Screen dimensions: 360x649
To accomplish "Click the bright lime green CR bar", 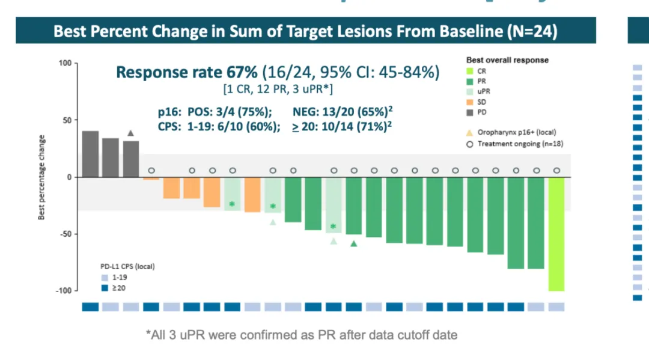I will [556, 234].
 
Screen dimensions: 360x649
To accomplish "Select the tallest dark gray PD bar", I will [90, 154].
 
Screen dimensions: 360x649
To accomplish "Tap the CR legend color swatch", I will [471, 71].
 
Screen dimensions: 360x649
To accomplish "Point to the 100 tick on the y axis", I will [65, 63].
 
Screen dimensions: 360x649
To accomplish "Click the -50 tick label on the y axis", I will [64, 234].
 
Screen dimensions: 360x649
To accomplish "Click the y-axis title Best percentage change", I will [42, 177].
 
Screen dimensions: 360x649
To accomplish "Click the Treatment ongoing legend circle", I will [471, 144].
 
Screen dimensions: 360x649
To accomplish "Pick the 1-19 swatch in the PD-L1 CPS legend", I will [105, 278].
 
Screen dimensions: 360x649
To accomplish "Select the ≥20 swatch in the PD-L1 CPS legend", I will [105, 288].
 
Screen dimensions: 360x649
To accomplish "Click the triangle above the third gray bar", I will [130, 133].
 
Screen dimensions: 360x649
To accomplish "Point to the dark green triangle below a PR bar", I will [354, 243].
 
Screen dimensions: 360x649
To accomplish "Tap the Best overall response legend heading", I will [507, 60].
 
